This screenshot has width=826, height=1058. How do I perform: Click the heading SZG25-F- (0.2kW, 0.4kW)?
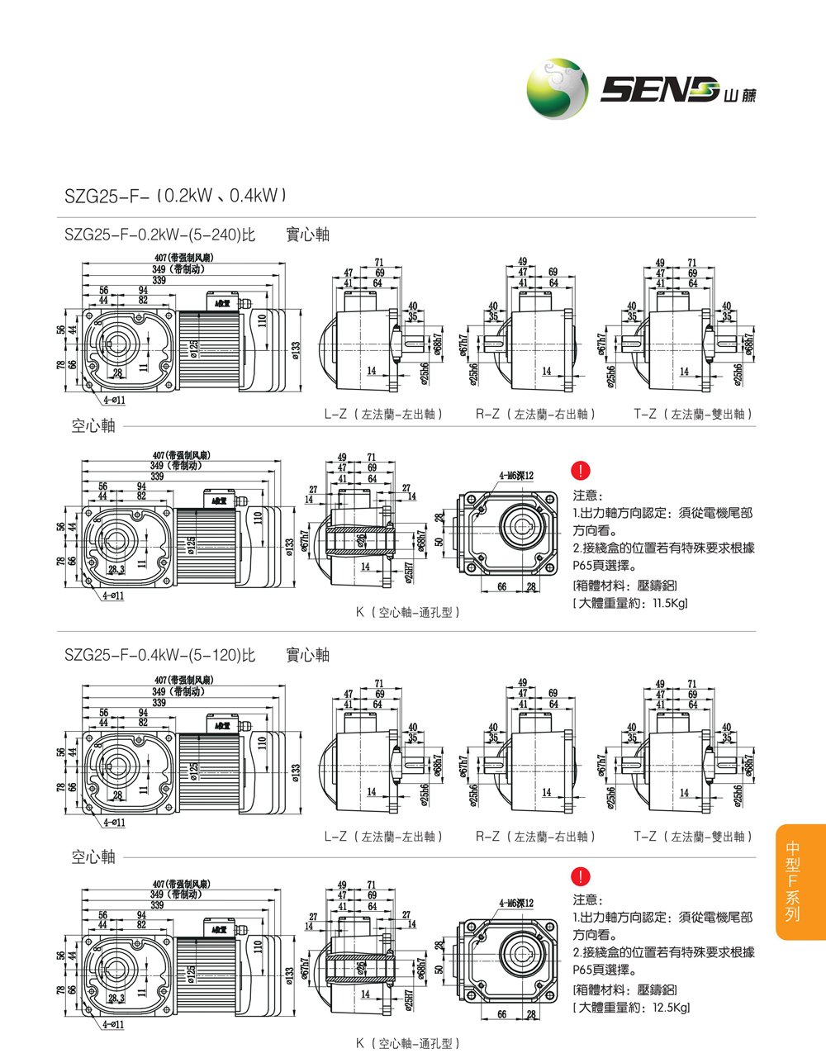(175, 197)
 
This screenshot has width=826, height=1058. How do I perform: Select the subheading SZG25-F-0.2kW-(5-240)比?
(160, 235)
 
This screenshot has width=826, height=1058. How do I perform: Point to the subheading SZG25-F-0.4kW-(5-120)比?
(160, 655)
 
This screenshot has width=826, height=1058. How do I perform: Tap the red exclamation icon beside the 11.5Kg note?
(581, 471)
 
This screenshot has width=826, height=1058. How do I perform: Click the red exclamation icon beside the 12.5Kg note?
(581, 876)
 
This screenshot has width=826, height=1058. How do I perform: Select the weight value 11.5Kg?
(669, 604)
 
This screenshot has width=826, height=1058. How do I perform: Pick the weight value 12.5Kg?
(670, 1008)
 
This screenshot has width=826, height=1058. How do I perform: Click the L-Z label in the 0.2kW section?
(384, 414)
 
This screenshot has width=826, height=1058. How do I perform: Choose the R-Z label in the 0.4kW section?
(535, 837)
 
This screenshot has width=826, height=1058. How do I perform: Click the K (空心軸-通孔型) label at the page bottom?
(408, 1043)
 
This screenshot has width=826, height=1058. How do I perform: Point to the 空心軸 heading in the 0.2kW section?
(93, 426)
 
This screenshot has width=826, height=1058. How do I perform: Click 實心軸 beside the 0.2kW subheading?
(307, 235)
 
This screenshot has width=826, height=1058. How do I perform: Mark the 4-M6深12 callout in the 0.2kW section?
(516, 476)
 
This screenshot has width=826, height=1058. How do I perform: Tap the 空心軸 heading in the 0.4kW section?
(93, 857)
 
